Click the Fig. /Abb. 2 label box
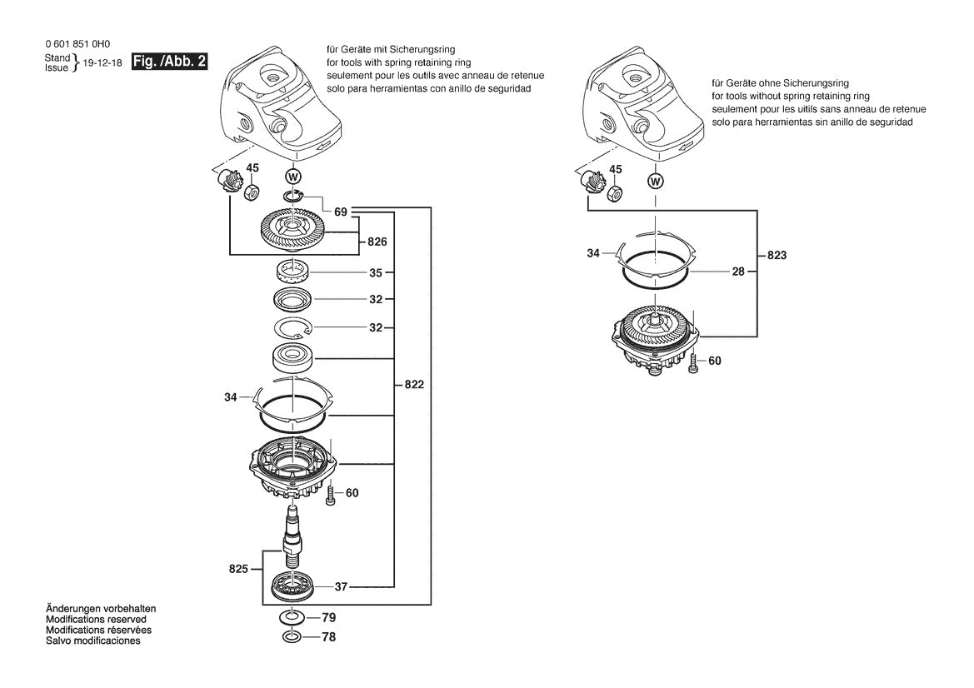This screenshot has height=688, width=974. pos(170,62)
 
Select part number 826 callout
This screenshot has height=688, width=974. pos(377,242)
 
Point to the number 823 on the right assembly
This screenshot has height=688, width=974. pos(776,257)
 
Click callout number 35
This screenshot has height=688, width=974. pos(376,272)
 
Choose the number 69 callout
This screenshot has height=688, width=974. pos(341,212)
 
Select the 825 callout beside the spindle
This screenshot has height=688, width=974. pos(239,570)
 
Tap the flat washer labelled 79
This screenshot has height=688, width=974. pos(292,618)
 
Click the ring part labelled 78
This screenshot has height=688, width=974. pos(292,637)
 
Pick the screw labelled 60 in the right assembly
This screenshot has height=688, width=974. pos(693,363)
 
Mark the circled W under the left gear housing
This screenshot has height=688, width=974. pos(292,176)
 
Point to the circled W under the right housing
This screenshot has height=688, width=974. pos(656,181)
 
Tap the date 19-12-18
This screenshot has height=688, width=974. pos(102,63)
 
